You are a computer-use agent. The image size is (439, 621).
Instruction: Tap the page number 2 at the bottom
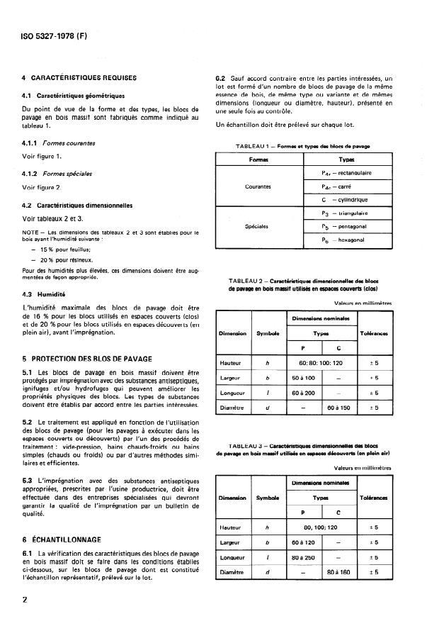pos(25,600)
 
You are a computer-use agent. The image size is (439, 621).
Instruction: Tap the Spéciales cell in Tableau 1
pos(256,228)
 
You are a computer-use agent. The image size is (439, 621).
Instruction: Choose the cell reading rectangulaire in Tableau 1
pos(346,172)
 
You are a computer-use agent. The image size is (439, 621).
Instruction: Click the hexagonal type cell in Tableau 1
pos(346,241)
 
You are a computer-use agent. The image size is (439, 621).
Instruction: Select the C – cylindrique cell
pos(346,200)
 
